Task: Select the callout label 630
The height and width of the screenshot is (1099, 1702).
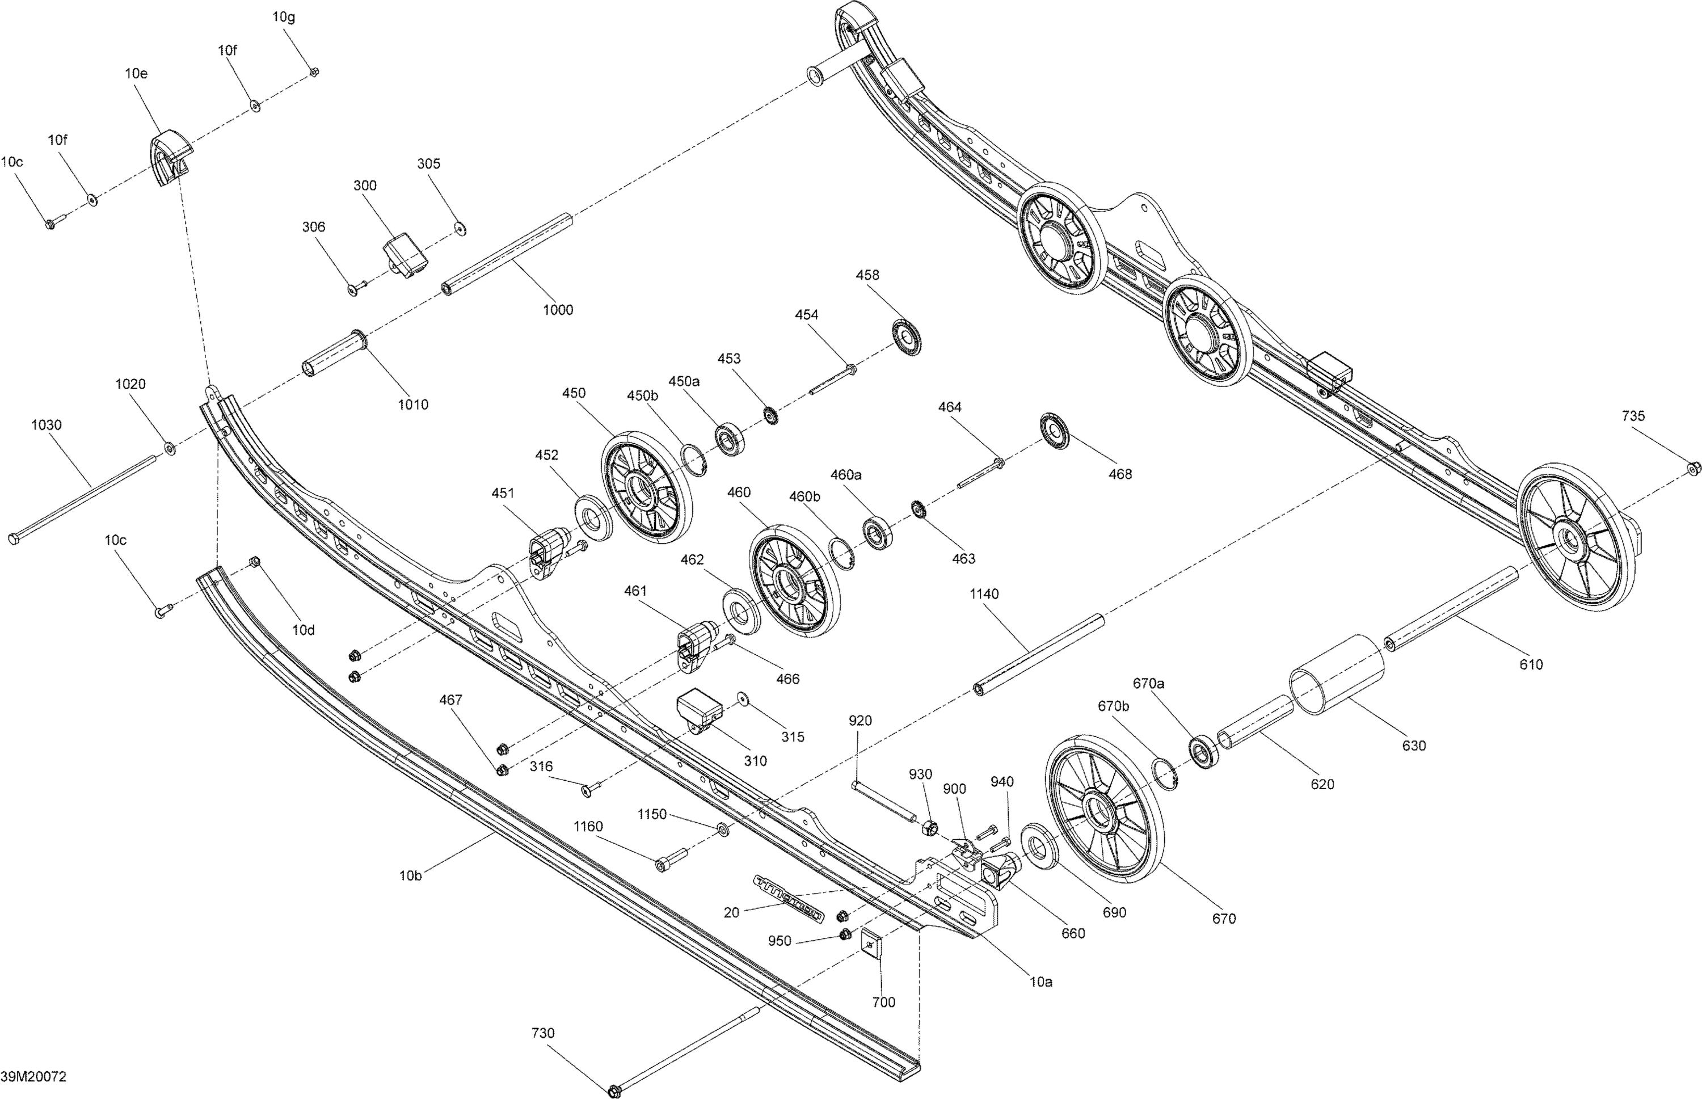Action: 1413,746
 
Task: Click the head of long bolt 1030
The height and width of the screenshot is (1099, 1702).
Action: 14,540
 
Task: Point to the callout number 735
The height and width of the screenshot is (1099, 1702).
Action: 1633,416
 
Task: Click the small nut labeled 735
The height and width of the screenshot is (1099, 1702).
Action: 1693,468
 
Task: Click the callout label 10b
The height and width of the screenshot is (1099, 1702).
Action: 410,875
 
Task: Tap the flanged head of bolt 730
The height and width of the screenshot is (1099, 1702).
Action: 614,1090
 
